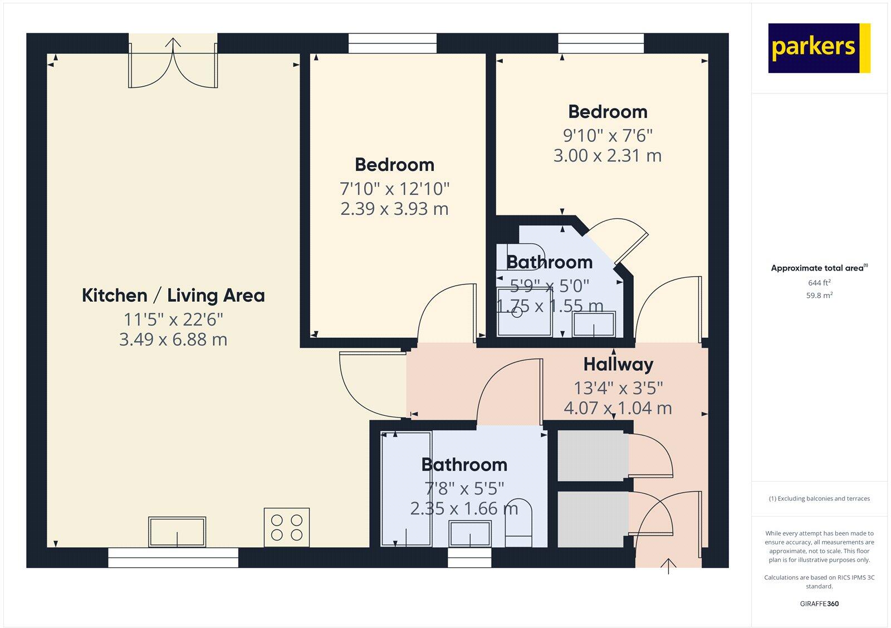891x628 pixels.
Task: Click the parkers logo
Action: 819,48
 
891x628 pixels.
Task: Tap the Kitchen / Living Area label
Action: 173,296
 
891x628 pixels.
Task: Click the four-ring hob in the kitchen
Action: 287,527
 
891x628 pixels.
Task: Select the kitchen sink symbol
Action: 177,532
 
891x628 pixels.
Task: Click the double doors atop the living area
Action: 173,62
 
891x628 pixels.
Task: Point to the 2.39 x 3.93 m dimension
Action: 394,209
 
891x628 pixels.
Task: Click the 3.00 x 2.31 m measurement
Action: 607,155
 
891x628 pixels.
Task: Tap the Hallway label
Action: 618,365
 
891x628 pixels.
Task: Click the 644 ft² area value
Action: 819,283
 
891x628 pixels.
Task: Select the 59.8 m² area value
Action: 819,296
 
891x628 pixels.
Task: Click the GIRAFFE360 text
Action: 819,604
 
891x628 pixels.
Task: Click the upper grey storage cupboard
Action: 591,455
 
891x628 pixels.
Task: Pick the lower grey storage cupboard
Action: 591,518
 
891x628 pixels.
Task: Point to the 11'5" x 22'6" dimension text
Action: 173,320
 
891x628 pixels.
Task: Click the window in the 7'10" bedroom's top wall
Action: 393,43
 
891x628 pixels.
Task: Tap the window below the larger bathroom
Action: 469,558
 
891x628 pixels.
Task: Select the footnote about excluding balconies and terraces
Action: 819,499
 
